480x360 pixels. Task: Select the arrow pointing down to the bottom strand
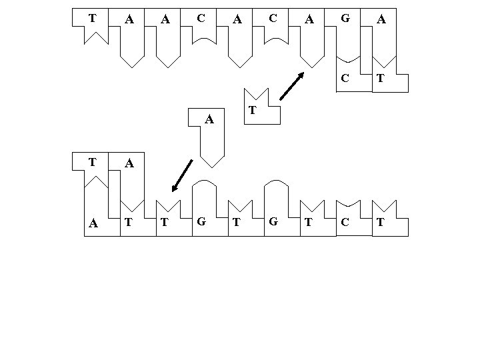[x=181, y=175]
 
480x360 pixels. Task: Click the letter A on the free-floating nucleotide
[x=209, y=120]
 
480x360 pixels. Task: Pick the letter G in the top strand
[x=345, y=19]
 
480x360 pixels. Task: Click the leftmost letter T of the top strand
[x=92, y=19]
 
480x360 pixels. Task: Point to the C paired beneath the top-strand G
[x=345, y=78]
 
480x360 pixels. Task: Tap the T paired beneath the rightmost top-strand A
[x=380, y=78]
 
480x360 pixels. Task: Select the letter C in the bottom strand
[x=344, y=223]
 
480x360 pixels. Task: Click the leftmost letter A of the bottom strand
[x=93, y=224]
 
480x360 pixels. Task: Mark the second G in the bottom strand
[x=273, y=223]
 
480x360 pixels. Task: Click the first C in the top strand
[x=201, y=19]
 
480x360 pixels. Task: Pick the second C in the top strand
[x=273, y=19]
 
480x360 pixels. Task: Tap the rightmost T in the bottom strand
[x=380, y=223]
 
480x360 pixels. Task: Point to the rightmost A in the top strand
[x=381, y=20]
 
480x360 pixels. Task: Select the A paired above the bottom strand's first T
[x=129, y=163]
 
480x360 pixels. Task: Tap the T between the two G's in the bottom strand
[x=237, y=223]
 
